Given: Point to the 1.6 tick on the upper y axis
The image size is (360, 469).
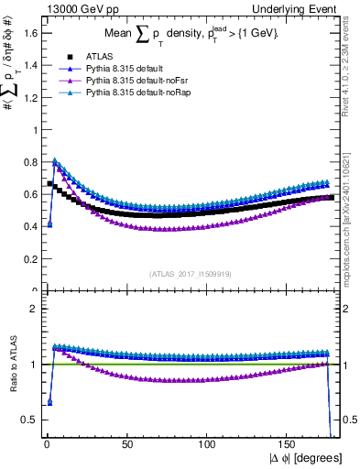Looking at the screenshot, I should coord(29,33).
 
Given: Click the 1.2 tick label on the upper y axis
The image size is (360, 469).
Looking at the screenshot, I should coord(29,97).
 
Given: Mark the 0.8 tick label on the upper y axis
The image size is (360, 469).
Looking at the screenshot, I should coord(29,162).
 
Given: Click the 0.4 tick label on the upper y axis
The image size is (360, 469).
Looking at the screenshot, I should coord(29,226).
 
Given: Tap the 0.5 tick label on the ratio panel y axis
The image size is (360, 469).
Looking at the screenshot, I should coord(29,420).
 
